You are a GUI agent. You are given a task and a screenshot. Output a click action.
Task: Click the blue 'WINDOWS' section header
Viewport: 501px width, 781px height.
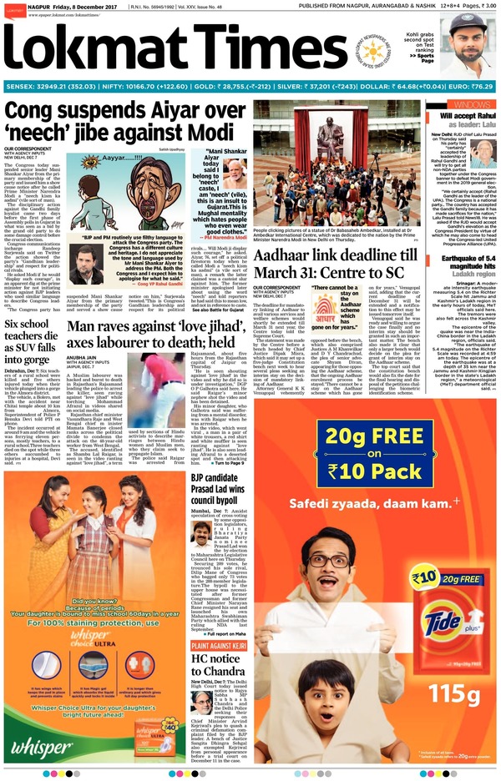(470, 103)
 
